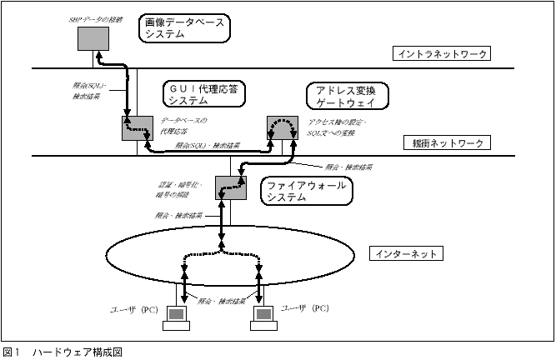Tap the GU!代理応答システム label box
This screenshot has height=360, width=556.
[x=206, y=94]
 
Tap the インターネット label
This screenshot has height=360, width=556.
[x=403, y=252]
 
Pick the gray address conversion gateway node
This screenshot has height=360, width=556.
[x=281, y=128]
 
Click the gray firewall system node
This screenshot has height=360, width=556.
[x=228, y=188]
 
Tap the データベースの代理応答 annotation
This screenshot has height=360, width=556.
[x=183, y=126]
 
